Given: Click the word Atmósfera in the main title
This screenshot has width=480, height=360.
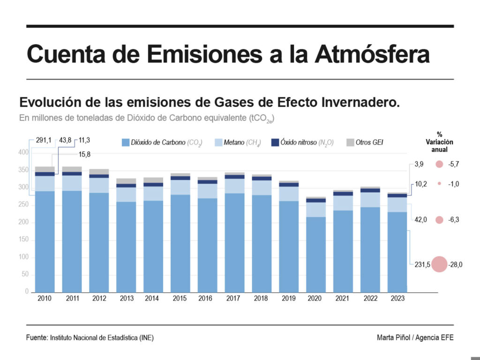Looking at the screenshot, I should tap(372, 54).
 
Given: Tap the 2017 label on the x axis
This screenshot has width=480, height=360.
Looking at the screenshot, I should tap(234, 298).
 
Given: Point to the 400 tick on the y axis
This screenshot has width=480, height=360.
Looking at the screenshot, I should tap(23, 152).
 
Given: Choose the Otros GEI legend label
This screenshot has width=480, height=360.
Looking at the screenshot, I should tap(369, 142).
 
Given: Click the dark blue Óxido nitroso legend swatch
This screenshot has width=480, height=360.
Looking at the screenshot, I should tap(276, 142).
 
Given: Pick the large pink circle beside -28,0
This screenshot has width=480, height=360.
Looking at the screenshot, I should tap(439, 264).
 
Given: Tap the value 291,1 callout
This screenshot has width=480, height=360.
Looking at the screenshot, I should tap(43, 140).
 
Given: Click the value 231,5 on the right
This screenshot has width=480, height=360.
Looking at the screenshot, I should tap(422, 265).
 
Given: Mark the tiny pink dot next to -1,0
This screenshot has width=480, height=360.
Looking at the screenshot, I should tap(439, 184).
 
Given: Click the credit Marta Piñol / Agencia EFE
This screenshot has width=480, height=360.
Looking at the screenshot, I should tap(415, 337).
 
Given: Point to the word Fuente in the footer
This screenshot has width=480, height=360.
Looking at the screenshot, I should tap(37, 337).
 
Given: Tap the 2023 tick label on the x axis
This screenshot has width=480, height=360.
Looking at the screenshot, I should tap(397, 298).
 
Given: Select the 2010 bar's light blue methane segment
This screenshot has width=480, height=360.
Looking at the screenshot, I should tap(45, 183).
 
